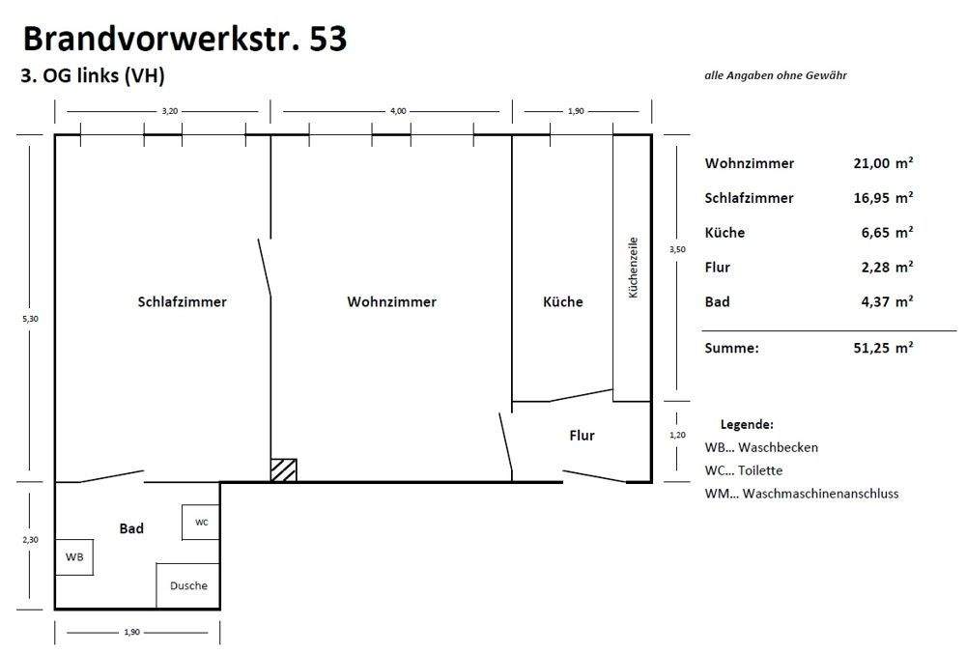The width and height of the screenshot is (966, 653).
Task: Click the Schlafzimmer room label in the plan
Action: pyautogui.click(x=182, y=301)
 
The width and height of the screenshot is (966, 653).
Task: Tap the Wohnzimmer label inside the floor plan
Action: pyautogui.click(x=391, y=301)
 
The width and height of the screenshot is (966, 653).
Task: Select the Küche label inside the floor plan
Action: pyautogui.click(x=563, y=301)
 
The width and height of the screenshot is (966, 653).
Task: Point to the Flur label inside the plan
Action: pyautogui.click(x=582, y=436)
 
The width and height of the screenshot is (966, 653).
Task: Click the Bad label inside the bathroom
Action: pyautogui.click(x=131, y=528)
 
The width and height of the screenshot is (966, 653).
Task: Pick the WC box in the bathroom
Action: pyautogui.click(x=201, y=523)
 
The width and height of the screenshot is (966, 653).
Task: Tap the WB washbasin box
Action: pyautogui.click(x=74, y=557)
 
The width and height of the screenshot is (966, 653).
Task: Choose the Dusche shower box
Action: pyautogui.click(x=188, y=585)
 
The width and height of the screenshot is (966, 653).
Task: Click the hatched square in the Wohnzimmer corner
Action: pyautogui.click(x=284, y=469)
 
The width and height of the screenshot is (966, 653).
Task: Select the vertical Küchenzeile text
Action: pyautogui.click(x=634, y=267)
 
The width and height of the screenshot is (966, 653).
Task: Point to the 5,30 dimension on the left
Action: pyautogui.click(x=30, y=318)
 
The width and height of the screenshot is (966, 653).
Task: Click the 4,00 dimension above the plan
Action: pyautogui.click(x=398, y=111)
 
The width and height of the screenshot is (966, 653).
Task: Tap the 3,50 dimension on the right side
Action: pyautogui.click(x=677, y=249)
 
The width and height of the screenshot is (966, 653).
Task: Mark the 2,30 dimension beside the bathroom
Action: pyautogui.click(x=30, y=540)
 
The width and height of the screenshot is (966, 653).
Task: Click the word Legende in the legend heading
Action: pyautogui.click(x=747, y=424)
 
